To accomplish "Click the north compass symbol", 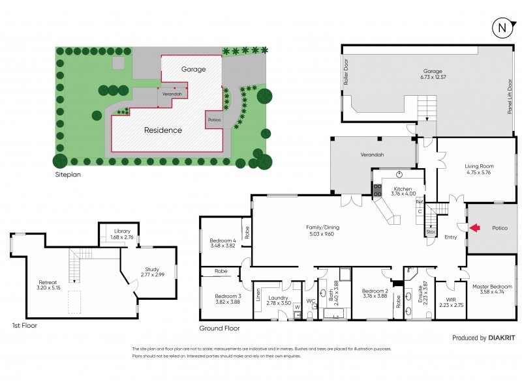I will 500,27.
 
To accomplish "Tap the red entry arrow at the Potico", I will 475,227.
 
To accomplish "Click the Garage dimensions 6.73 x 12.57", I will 433,78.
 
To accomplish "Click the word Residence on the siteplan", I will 162,130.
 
